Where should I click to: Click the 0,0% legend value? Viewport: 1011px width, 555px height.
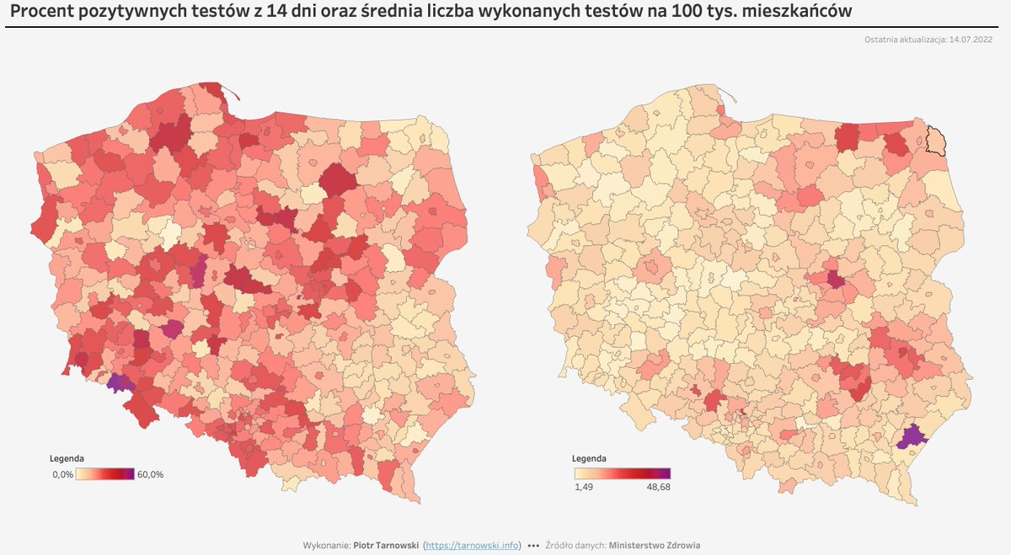[62, 474]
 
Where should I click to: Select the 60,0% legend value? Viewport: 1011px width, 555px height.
[150, 474]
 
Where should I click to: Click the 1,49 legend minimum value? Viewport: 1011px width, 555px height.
[584, 486]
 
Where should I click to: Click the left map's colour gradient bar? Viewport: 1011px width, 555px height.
[105, 474]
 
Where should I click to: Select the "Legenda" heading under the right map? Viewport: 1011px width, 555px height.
[589, 459]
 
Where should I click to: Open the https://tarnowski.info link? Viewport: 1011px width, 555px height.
[473, 545]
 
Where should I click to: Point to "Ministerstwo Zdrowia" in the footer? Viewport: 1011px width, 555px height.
[654, 545]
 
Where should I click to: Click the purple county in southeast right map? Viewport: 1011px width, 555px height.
[912, 437]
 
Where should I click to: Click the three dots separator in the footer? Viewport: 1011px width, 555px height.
[532, 545]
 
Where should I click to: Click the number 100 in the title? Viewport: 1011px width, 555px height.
[655, 12]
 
